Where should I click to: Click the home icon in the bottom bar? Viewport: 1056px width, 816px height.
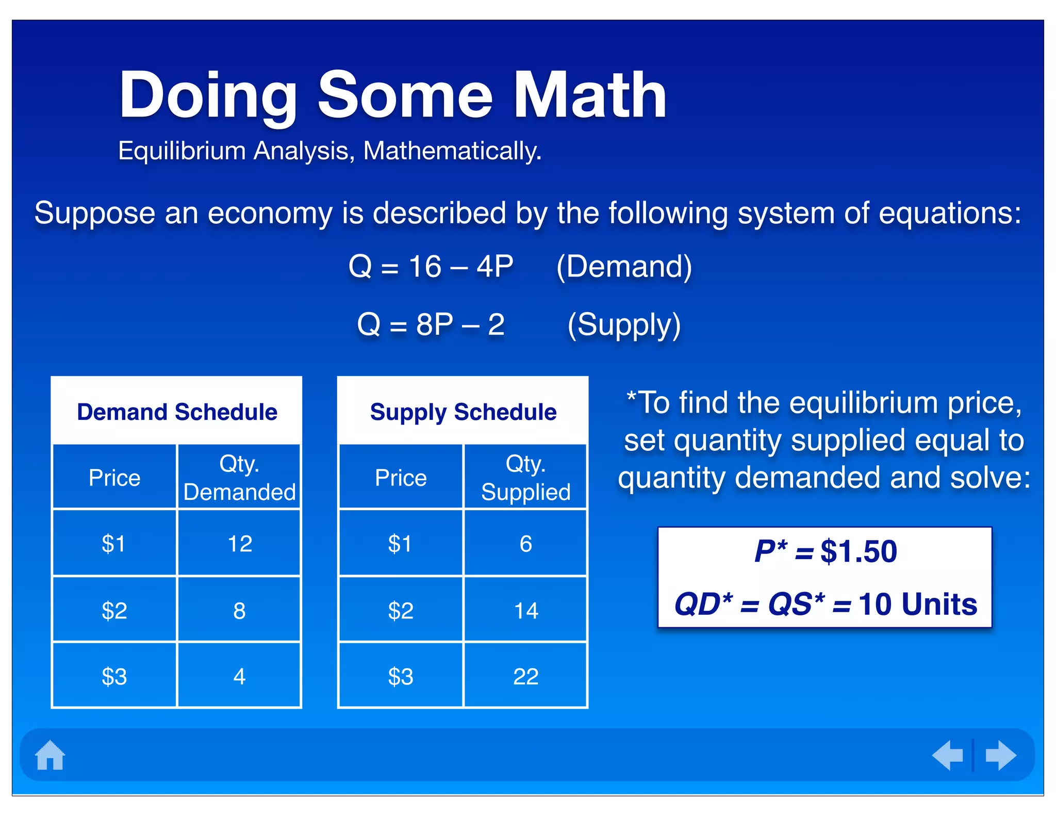point(50,755)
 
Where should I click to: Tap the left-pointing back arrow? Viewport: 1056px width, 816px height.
point(948,756)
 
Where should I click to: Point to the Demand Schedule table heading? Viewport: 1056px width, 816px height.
point(177,412)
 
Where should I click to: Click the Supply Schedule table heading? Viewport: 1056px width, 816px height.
point(463,412)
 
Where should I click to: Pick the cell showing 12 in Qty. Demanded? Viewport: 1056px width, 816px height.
point(239,544)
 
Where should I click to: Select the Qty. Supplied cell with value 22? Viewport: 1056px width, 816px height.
point(525,676)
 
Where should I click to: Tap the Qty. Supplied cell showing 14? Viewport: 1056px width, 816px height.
point(525,611)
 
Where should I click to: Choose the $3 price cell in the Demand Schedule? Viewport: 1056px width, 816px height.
point(114,676)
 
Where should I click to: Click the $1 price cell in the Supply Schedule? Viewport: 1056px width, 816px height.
point(400,544)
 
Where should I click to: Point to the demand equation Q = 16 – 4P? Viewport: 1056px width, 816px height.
point(431,267)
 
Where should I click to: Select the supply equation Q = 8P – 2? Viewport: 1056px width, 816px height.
point(431,325)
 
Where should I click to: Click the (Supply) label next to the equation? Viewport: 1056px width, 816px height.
point(624,325)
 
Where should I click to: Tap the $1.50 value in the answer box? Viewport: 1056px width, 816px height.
point(859,551)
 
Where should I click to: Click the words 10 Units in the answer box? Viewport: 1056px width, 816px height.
point(917,604)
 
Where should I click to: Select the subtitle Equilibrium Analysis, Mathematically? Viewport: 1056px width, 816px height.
point(330,151)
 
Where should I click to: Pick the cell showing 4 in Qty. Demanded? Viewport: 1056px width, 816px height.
point(239,676)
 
